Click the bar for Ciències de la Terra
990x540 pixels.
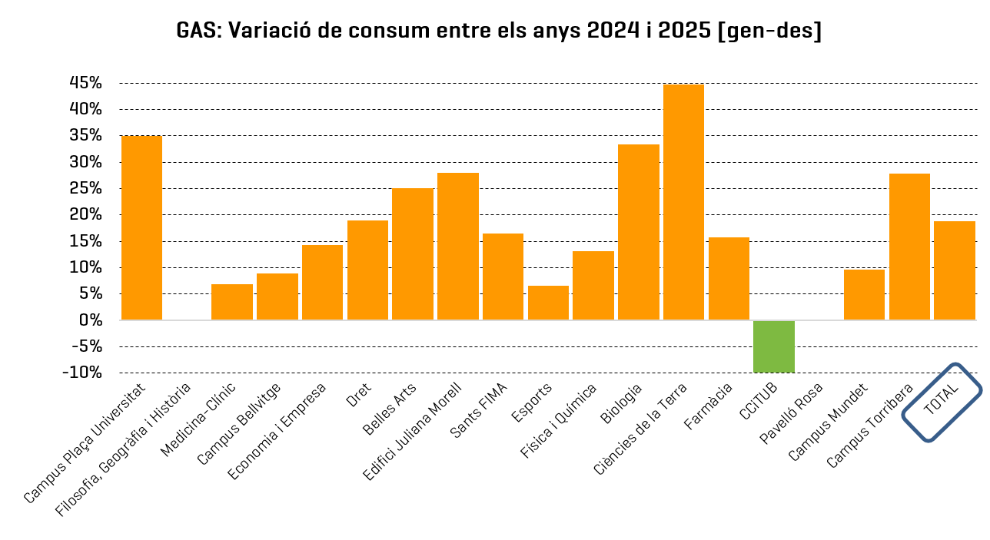(683, 202)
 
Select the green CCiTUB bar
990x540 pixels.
(773, 346)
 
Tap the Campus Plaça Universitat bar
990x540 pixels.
(141, 228)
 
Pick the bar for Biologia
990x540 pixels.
(638, 232)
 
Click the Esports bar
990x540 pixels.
(548, 303)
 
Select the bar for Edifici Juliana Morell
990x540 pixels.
(457, 247)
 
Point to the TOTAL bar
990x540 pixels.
(954, 270)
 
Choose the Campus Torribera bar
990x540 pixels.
(909, 247)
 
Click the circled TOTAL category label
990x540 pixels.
(942, 401)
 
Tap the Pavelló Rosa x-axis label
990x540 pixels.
(792, 413)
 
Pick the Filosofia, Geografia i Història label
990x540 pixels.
(123, 449)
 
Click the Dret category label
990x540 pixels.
(359, 394)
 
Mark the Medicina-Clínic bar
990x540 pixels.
(231, 302)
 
